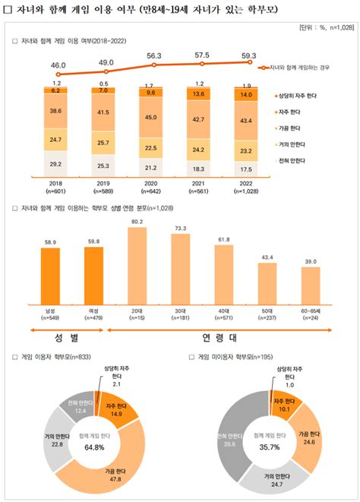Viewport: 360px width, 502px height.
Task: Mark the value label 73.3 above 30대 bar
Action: [x=181, y=227]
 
